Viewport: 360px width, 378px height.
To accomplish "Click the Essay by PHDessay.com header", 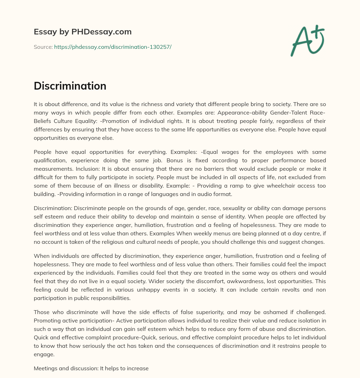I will (83, 32).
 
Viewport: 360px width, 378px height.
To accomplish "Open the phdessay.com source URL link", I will (112, 47).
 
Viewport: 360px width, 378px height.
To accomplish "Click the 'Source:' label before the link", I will (43, 47).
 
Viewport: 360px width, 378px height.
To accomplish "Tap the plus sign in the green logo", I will (317, 32).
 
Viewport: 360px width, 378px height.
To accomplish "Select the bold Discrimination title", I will (70, 86).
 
